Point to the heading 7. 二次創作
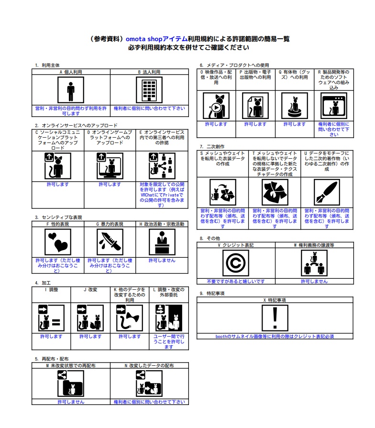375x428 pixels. tap(212, 146)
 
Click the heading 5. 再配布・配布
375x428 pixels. tap(51, 359)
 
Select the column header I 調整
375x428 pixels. tap(51, 290)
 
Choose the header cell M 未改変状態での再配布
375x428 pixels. tap(71, 365)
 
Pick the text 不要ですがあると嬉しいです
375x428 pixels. tap(236, 282)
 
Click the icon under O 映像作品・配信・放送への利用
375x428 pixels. tap(216, 106)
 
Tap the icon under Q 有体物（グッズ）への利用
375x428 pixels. tap(294, 106)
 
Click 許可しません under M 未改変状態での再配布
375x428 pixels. tap(71, 402)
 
